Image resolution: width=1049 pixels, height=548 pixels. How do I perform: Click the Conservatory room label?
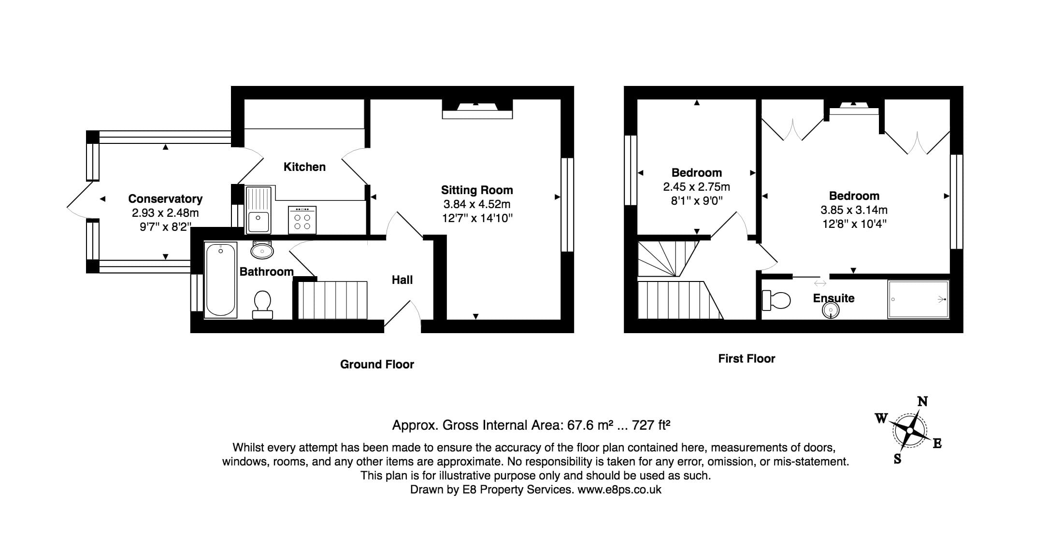[165, 198]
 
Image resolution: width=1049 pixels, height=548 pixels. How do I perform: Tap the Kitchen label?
[304, 167]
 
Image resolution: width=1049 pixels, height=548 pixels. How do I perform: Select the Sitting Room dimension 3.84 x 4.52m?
[476, 204]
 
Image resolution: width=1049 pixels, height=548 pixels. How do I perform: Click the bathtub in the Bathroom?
[221, 280]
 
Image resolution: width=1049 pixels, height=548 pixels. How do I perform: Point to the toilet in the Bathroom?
[262, 304]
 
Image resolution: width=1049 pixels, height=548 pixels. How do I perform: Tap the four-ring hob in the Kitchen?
[302, 220]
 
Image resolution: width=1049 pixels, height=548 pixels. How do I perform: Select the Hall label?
[402, 280]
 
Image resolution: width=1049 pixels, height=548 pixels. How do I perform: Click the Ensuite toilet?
[776, 300]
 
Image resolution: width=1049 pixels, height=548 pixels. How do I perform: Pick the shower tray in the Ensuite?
[918, 299]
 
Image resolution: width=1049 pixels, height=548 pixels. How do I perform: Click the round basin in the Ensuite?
[831, 310]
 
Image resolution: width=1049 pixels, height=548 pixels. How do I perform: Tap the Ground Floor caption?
[377, 365]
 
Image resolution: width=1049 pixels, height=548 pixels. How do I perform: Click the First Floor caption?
[747, 359]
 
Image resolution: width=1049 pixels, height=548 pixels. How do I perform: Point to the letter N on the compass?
[922, 402]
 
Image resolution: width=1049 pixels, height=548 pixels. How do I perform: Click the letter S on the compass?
[897, 459]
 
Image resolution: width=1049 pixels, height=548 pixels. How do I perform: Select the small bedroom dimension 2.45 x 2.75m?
[696, 187]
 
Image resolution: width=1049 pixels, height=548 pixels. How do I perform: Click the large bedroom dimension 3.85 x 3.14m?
[854, 210]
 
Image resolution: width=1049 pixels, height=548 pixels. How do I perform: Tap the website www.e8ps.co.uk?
[619, 490]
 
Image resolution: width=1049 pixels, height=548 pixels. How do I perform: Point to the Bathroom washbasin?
[262, 250]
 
